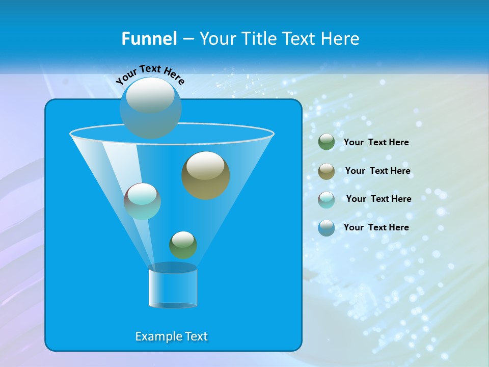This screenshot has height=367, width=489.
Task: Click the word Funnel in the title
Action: tap(149, 39)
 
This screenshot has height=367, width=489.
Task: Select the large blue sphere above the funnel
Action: tap(150, 108)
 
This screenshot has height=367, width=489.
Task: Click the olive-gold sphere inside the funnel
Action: tap(206, 175)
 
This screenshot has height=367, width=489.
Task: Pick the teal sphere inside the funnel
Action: tap(142, 201)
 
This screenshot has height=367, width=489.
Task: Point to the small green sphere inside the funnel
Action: tap(183, 245)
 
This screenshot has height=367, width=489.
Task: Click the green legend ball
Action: tap(327, 142)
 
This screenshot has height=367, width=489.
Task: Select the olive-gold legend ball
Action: tap(327, 171)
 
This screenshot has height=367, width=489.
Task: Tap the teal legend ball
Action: tap(327, 199)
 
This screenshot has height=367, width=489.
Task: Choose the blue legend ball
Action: tap(327, 228)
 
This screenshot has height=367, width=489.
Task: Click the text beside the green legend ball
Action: tap(376, 142)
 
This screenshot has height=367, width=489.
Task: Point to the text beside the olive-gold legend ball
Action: tap(377, 171)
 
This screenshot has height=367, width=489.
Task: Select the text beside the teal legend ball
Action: tap(378, 199)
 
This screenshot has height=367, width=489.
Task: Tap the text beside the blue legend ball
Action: tap(376, 227)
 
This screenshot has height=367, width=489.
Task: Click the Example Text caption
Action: tap(171, 336)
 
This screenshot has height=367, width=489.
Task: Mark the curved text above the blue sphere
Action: tap(150, 73)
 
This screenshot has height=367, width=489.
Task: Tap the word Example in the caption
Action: tap(157, 336)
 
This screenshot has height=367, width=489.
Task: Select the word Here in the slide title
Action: tap(340, 39)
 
